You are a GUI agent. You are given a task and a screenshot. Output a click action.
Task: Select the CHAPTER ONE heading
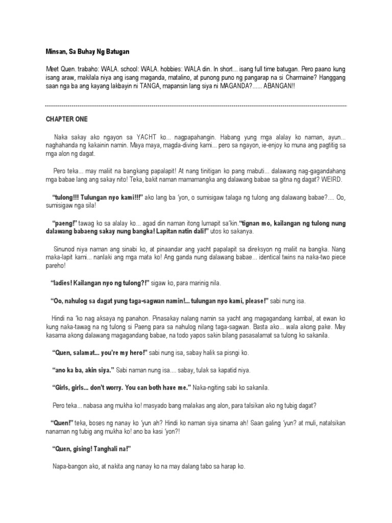66,120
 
